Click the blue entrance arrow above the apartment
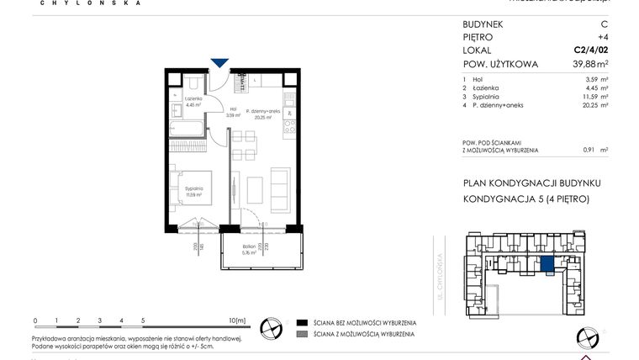tap(219, 62)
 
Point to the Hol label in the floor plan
tap(232, 109)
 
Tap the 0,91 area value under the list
tap(590, 150)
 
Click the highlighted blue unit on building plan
tap(547, 265)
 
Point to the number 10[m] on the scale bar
tap(236, 320)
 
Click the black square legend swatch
tap(301, 322)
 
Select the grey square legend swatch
tap(301, 335)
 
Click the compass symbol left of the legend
tap(271, 327)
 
